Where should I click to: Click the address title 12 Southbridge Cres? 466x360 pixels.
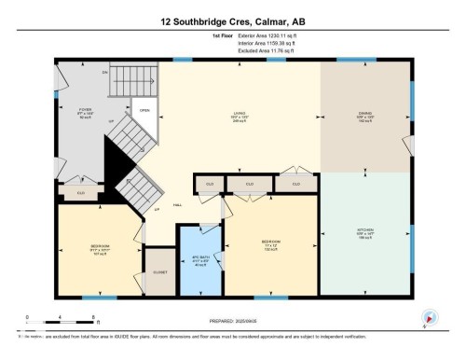click(x=233, y=20)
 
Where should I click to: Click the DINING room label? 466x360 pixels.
click(x=365, y=116)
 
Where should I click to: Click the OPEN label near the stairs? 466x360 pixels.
click(x=144, y=109)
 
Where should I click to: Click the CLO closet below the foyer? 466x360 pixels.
click(x=82, y=193)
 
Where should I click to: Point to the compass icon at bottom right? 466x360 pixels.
click(x=428, y=317)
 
